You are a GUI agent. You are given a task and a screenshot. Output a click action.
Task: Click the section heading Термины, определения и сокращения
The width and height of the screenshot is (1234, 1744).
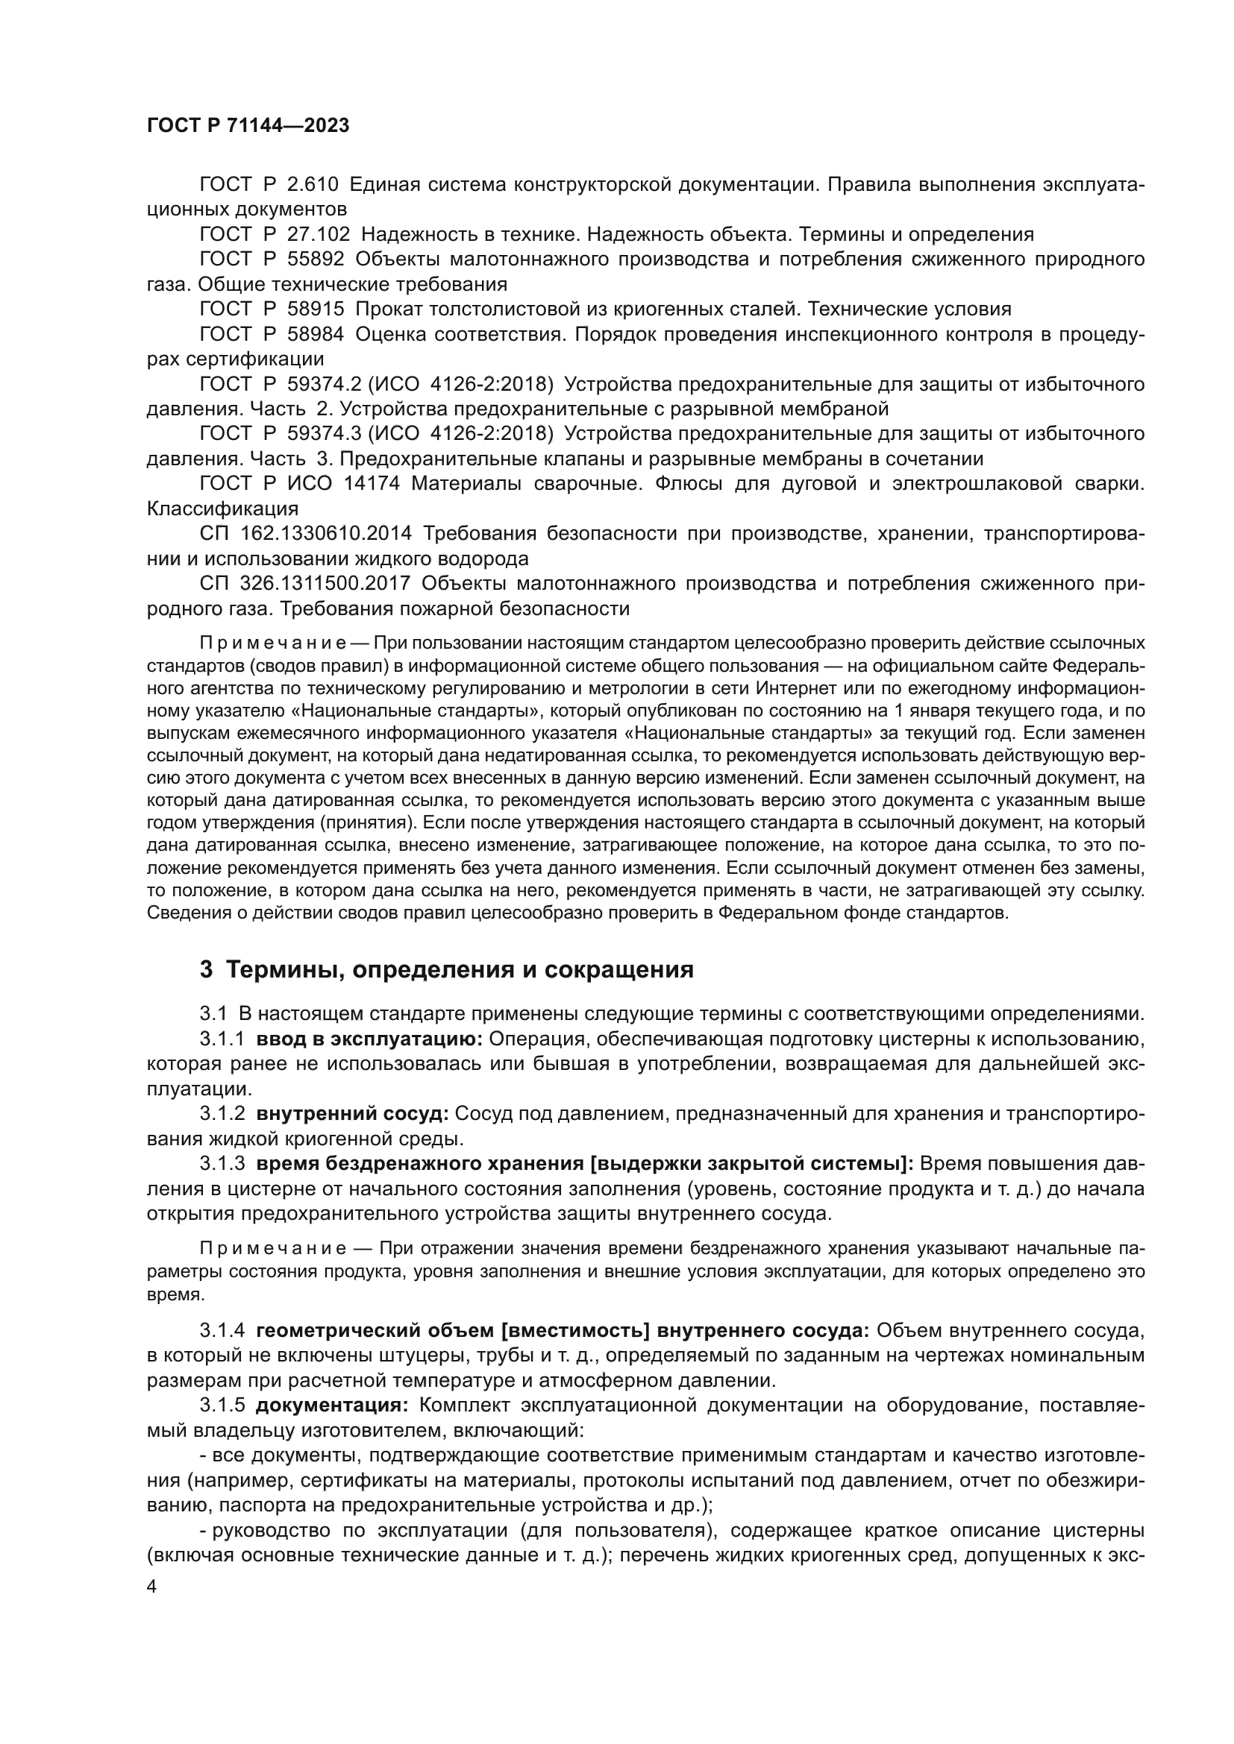coord(460,971)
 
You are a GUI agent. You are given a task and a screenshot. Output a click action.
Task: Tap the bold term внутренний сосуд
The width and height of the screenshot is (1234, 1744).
coord(353,1113)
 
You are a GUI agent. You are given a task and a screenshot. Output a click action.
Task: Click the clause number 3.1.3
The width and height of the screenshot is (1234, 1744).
coord(222,1164)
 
